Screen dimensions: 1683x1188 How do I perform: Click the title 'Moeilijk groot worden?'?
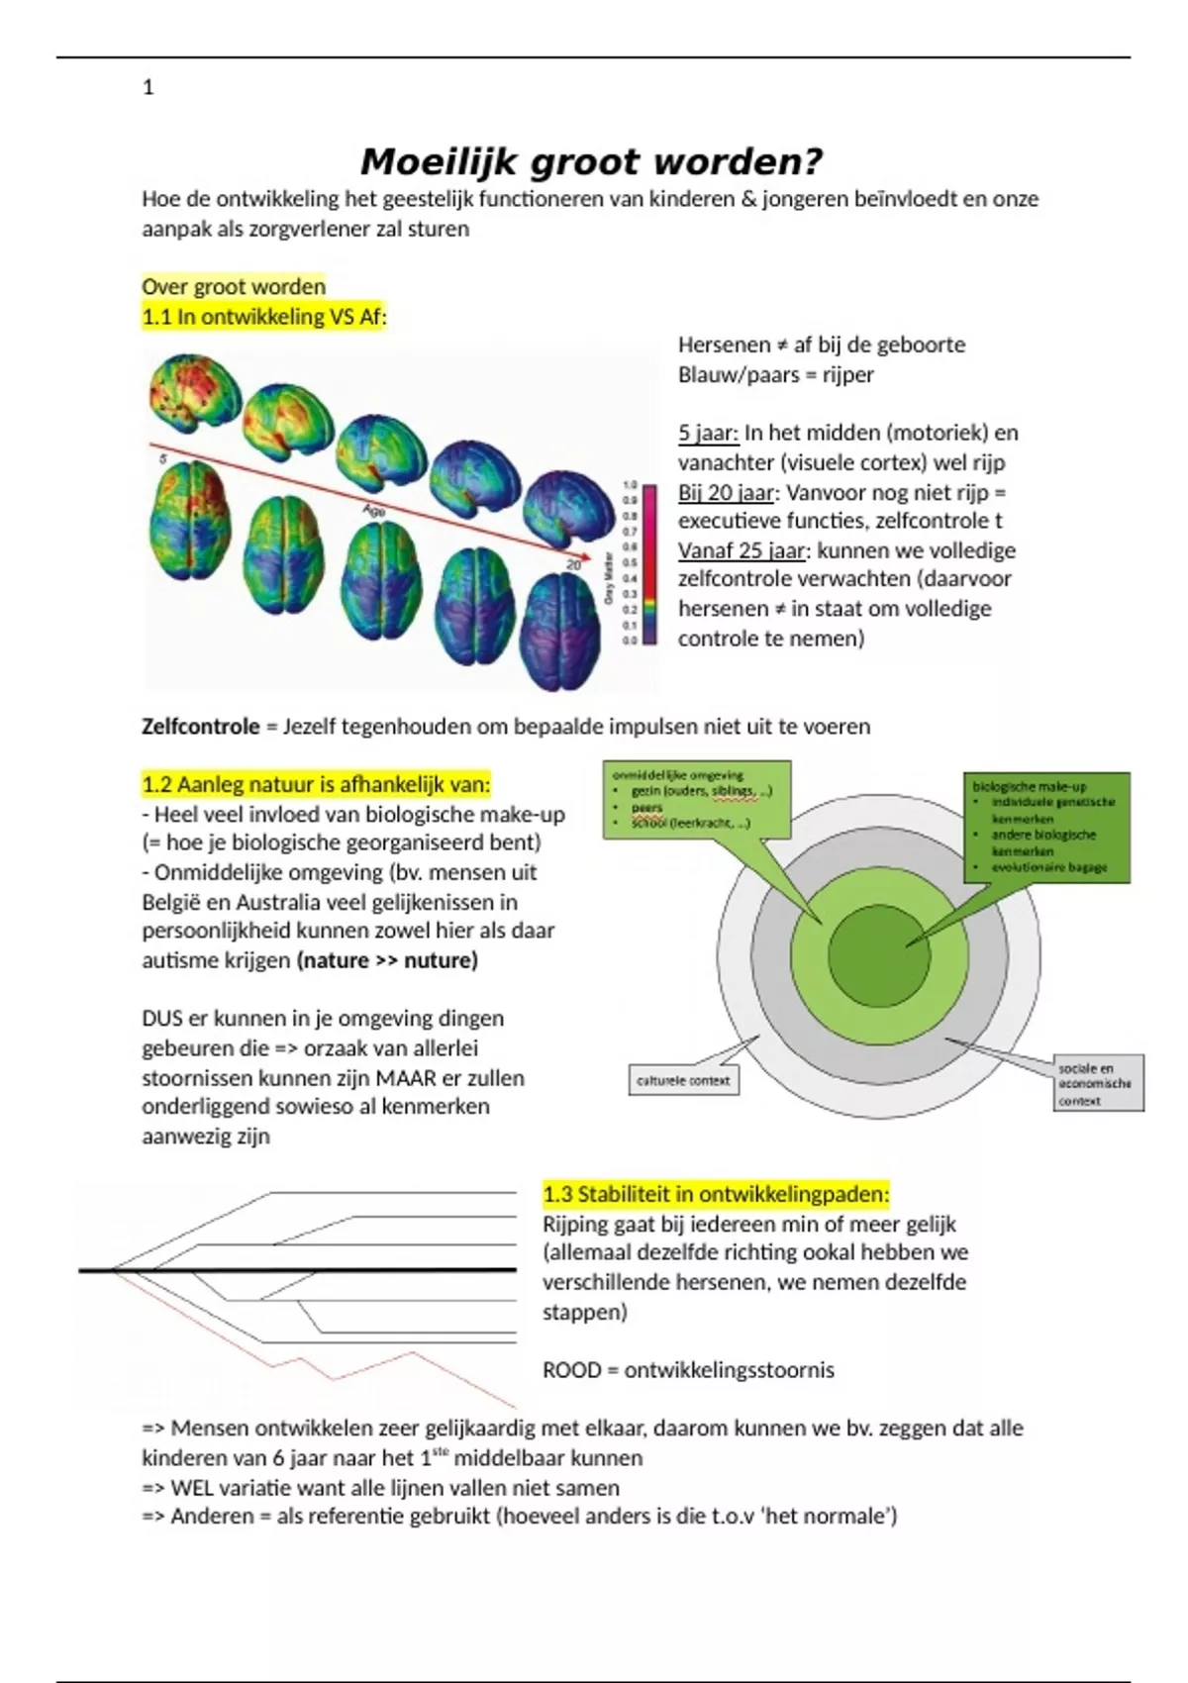tap(591, 161)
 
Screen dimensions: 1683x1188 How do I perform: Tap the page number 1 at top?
tap(148, 88)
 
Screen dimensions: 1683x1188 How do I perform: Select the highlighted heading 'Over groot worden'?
tap(234, 287)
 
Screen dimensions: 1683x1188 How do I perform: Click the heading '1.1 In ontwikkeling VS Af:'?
tap(263, 317)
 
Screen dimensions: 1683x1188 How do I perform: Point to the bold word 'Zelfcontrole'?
tap(200, 727)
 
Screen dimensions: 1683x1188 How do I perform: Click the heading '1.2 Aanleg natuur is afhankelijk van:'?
tap(316, 785)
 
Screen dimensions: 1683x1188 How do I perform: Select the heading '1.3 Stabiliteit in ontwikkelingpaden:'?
tap(716, 1194)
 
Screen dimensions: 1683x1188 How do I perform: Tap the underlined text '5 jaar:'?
tap(708, 433)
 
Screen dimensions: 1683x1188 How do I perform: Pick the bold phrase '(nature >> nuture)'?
tap(387, 960)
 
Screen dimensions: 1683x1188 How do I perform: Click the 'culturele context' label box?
tap(683, 1080)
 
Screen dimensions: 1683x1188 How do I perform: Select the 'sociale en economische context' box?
tap(1098, 1083)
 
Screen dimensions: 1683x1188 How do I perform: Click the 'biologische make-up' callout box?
tap(1047, 828)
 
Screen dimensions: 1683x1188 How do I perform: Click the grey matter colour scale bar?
tap(650, 564)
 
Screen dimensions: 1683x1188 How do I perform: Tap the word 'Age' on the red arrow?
tap(373, 511)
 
